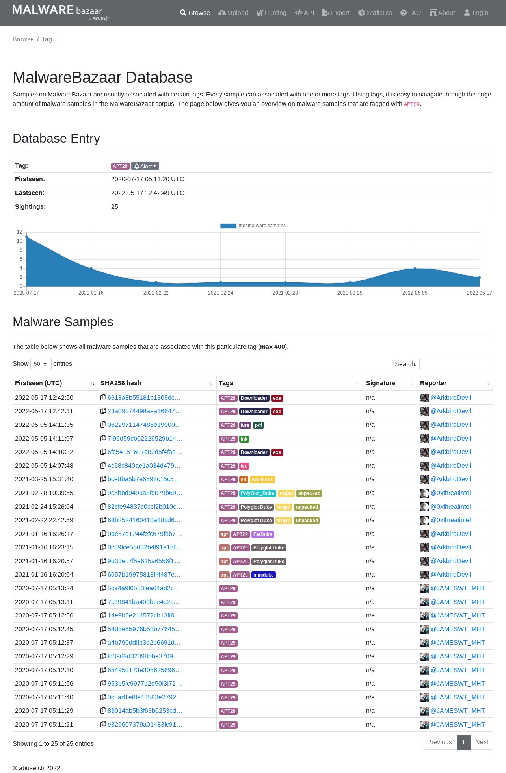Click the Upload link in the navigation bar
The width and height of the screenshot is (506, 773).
pos(233,13)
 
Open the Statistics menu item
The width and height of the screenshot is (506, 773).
pos(375,13)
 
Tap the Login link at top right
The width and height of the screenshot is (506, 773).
pos(476,13)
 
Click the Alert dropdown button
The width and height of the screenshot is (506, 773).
pos(145,166)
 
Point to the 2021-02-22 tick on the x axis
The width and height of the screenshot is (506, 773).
pos(156,293)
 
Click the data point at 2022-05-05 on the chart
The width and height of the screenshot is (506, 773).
pos(415,269)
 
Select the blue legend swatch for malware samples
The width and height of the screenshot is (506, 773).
pos(228,226)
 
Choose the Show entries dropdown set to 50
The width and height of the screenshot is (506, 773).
pos(41,364)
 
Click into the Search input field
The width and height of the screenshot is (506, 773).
pos(456,364)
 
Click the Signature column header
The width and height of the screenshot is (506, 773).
pos(381,383)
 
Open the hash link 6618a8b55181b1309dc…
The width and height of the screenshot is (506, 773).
pos(144,398)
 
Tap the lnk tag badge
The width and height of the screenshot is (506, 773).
pos(244,439)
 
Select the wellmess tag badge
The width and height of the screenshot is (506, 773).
pos(262,480)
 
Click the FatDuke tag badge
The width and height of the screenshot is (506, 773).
pos(262,534)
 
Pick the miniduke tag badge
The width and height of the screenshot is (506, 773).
pos(263,575)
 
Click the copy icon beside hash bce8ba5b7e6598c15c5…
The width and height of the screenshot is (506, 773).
pos(103,479)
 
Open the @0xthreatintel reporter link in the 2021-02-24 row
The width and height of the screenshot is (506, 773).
pos(450,507)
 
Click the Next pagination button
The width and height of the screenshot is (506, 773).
pos(481,742)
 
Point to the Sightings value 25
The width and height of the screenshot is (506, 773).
pos(115,207)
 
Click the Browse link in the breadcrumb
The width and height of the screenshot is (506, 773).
pos(23,39)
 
